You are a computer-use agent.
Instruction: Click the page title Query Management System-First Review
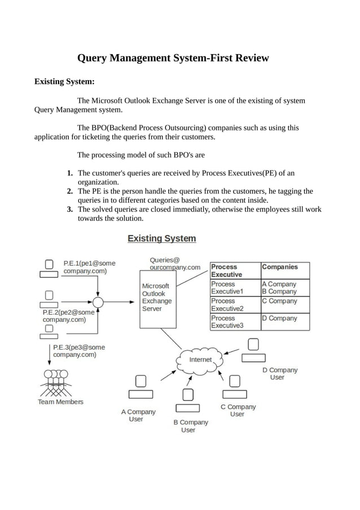click(x=173, y=58)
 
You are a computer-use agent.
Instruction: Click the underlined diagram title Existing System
click(x=161, y=238)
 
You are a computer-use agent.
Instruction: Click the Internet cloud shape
click(x=200, y=359)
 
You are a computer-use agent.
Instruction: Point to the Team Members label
click(x=60, y=402)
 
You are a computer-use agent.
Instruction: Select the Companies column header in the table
click(x=280, y=267)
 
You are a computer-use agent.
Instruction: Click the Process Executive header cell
click(x=227, y=271)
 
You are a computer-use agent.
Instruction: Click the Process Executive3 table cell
click(x=227, y=322)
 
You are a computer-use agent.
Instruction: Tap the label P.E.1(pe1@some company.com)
click(x=85, y=267)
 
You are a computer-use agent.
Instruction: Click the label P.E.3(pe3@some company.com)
click(x=78, y=351)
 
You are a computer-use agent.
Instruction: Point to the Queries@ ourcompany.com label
click(x=175, y=263)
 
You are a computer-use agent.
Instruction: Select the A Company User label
click(x=138, y=416)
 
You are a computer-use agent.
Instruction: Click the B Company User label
click(x=190, y=426)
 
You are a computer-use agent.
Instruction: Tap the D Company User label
click(x=279, y=374)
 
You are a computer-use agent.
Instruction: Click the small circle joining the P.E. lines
click(x=98, y=303)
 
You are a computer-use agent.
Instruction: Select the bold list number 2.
click(x=69, y=191)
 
